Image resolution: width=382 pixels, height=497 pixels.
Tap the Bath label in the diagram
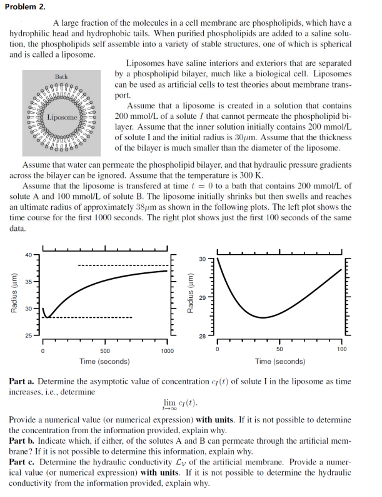tap(61, 76)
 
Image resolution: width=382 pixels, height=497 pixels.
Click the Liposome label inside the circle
tap(62, 117)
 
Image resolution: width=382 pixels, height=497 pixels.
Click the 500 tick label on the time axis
tap(104, 351)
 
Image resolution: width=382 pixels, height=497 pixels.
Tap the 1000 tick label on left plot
tap(166, 351)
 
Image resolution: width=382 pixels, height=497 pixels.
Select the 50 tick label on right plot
tap(279, 349)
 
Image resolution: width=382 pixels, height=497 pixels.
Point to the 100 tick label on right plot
tap(341, 349)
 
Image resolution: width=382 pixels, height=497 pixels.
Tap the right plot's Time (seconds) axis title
tap(279, 361)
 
